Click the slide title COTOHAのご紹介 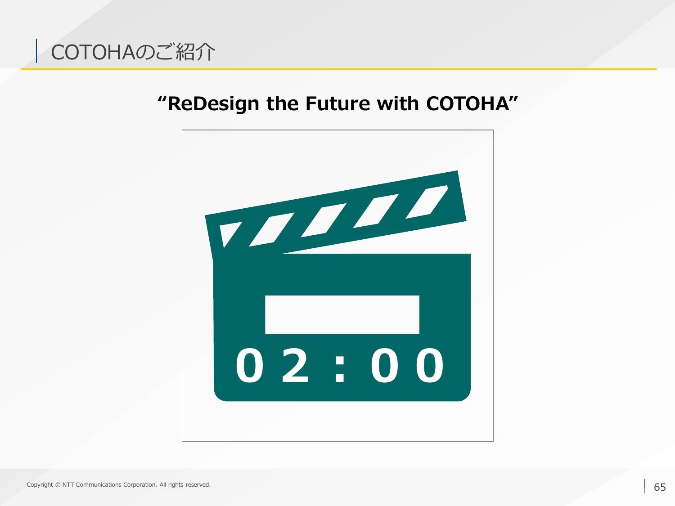133,52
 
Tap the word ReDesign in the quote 213,104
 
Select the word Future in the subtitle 337,103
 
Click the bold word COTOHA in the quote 468,103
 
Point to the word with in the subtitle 398,103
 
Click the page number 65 660,487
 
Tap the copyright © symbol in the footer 58,485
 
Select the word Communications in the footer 99,485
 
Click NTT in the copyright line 68,485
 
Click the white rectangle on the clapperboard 342,314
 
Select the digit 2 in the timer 295,366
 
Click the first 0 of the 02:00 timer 249,366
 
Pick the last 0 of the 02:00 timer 430,366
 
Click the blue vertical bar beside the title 36,51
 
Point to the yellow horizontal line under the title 338,69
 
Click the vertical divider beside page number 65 645,486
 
